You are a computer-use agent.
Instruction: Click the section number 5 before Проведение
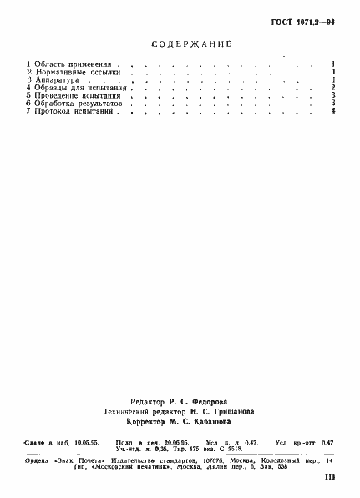(x=28, y=96)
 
